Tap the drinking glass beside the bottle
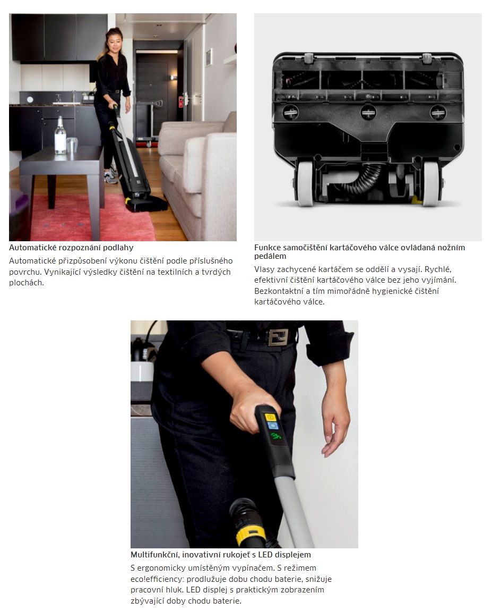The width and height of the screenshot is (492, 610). click(72, 145)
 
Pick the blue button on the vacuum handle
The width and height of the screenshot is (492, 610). click(272, 426)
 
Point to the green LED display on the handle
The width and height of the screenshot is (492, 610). click(275, 436)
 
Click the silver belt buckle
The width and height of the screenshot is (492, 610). click(278, 337)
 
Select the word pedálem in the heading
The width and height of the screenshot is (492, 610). click(270, 256)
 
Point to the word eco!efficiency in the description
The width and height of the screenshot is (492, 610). click(158, 579)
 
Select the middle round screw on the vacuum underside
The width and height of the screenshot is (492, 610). click(368, 112)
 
